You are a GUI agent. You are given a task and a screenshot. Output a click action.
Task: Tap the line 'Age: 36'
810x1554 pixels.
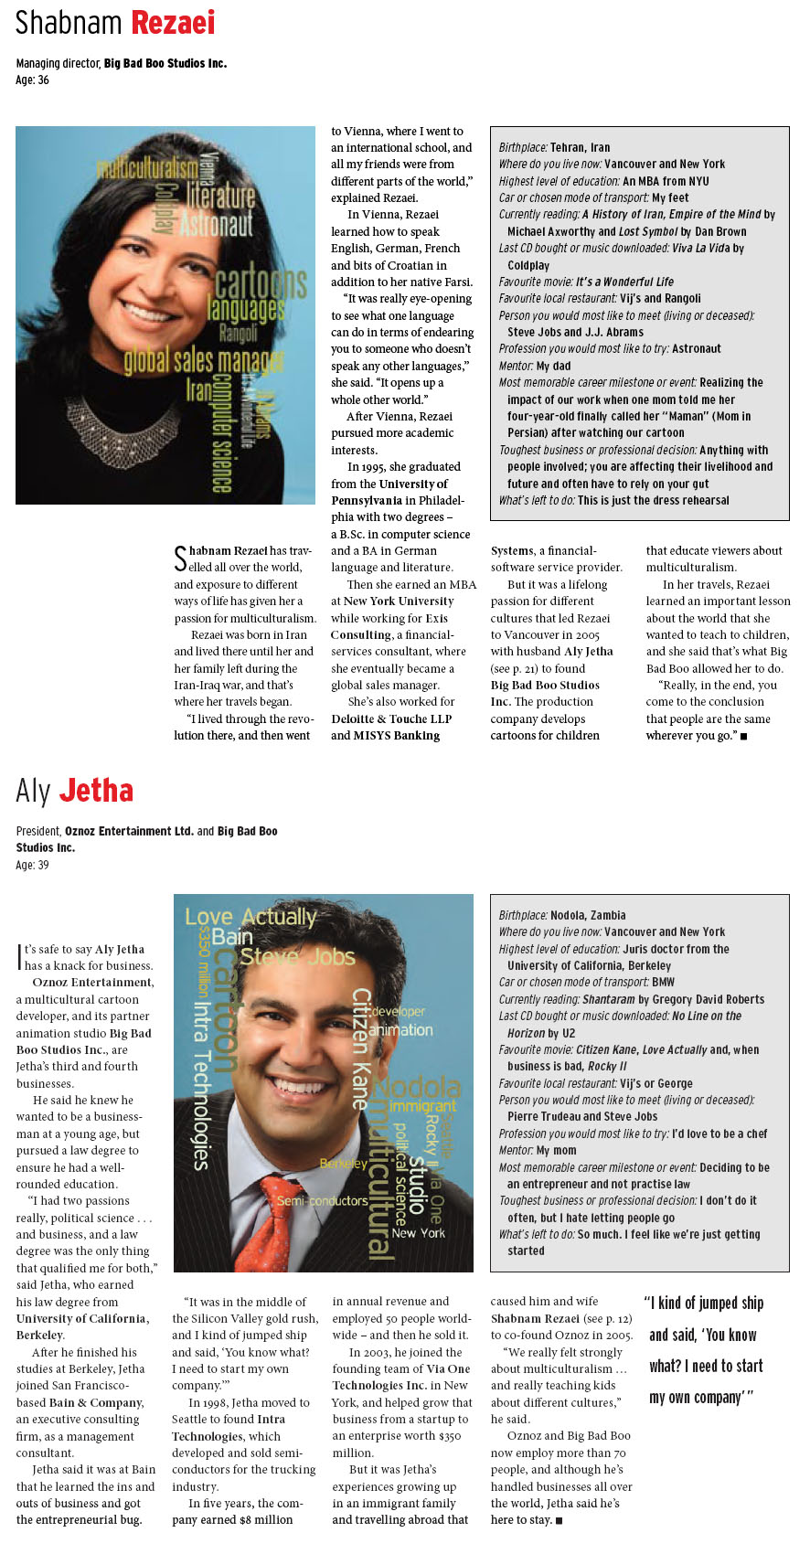[33, 80]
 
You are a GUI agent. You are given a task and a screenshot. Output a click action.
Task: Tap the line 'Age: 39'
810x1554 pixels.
[33, 865]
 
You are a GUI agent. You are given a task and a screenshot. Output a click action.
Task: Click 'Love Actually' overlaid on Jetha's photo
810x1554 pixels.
[250, 917]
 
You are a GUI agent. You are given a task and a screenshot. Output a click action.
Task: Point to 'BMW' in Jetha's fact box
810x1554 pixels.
[664, 983]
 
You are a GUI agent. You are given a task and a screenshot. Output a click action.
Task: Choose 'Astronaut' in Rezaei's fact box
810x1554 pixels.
[697, 349]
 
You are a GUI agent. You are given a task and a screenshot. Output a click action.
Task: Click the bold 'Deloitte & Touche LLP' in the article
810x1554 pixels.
[391, 718]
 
